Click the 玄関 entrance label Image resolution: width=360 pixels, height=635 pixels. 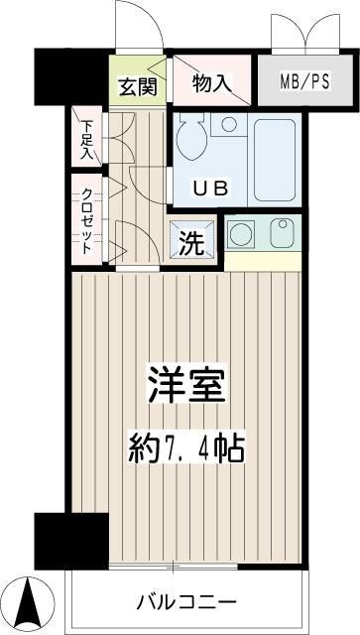(x=139, y=86)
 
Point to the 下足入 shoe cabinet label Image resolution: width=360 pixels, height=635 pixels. (x=87, y=140)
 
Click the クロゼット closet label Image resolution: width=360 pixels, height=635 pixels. (x=87, y=220)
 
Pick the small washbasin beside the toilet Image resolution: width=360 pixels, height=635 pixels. (x=229, y=126)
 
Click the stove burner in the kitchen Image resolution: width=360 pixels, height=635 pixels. (x=241, y=234)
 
